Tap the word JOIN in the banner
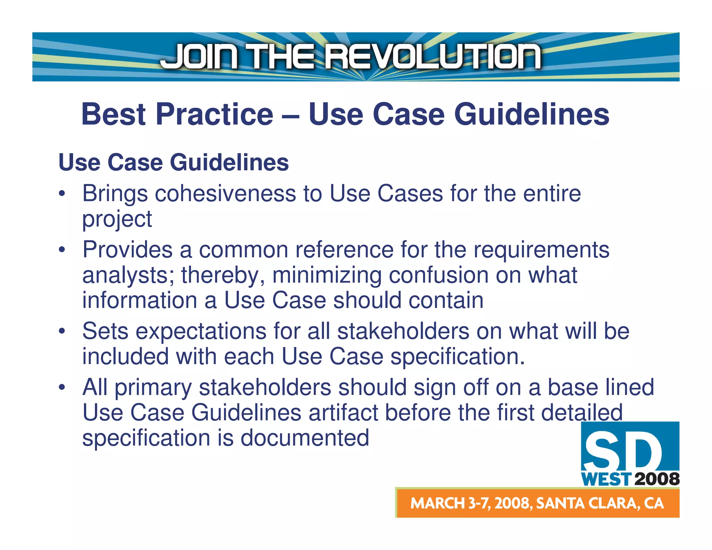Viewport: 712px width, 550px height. coord(200,57)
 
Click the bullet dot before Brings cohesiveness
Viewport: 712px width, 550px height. coord(62,194)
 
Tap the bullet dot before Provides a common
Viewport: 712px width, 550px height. coord(62,250)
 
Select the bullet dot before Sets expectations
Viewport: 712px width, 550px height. coord(62,331)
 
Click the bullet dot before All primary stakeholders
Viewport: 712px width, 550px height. coord(62,388)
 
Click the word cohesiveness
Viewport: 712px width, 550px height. coord(225,193)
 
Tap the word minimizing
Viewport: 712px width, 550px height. coord(326,275)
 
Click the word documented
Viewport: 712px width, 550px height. coord(305,438)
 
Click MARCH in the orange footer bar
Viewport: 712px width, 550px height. coord(437,503)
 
